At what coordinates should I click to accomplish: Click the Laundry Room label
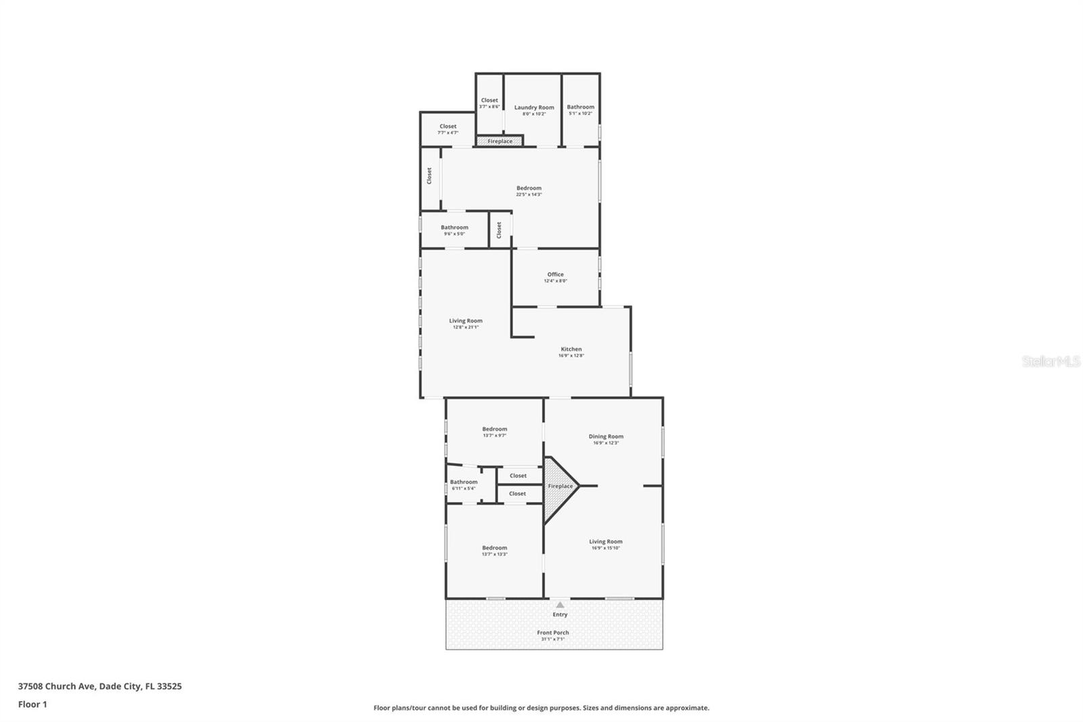[534, 108]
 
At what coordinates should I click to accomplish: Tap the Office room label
[555, 274]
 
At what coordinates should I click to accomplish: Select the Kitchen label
[571, 349]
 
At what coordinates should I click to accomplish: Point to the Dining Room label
[606, 437]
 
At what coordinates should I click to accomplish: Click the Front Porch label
[553, 633]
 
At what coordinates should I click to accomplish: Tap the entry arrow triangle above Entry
[560, 605]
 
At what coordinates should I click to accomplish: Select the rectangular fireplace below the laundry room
[500, 141]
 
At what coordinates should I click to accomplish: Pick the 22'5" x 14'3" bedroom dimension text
[529, 194]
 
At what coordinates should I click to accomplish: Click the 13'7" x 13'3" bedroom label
[494, 548]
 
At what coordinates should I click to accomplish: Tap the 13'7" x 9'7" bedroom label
[494, 429]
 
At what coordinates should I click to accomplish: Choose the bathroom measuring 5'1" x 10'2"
[580, 107]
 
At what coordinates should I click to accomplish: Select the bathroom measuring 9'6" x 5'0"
[454, 228]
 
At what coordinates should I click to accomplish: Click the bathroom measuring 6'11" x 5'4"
[464, 482]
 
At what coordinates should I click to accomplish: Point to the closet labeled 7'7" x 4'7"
[447, 127]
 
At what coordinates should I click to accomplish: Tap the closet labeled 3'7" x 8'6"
[489, 101]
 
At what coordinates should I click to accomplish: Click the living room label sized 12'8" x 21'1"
[466, 321]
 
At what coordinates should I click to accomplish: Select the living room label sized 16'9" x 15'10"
[605, 542]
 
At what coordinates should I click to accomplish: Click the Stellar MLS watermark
[1051, 362]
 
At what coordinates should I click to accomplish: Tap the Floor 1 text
[32, 704]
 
